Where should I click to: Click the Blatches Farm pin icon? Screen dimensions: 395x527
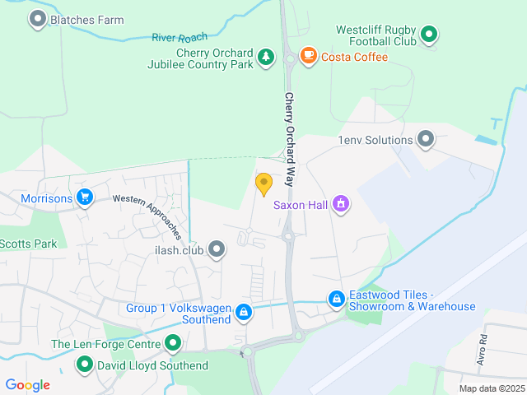tap(37, 19)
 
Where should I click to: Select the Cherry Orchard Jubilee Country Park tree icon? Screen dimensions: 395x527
tap(265, 57)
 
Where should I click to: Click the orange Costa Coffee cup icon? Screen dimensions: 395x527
tap(309, 56)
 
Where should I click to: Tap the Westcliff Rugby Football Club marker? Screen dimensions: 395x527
tap(428, 35)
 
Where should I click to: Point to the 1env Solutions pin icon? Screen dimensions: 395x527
tap(426, 139)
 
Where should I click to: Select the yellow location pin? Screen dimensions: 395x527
tap(263, 184)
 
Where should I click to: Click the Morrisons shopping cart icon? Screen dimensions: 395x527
tap(84, 197)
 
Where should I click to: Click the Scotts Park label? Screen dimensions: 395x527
tap(28, 244)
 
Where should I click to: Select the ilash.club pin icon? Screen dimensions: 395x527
tap(217, 248)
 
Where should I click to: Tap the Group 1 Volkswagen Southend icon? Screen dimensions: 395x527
tap(244, 312)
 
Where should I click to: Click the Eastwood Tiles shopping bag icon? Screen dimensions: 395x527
tap(336, 300)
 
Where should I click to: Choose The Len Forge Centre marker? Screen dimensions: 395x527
tap(172, 343)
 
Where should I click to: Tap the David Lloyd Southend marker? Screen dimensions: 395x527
tap(84, 364)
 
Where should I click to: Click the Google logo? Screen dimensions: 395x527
tap(27, 385)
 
